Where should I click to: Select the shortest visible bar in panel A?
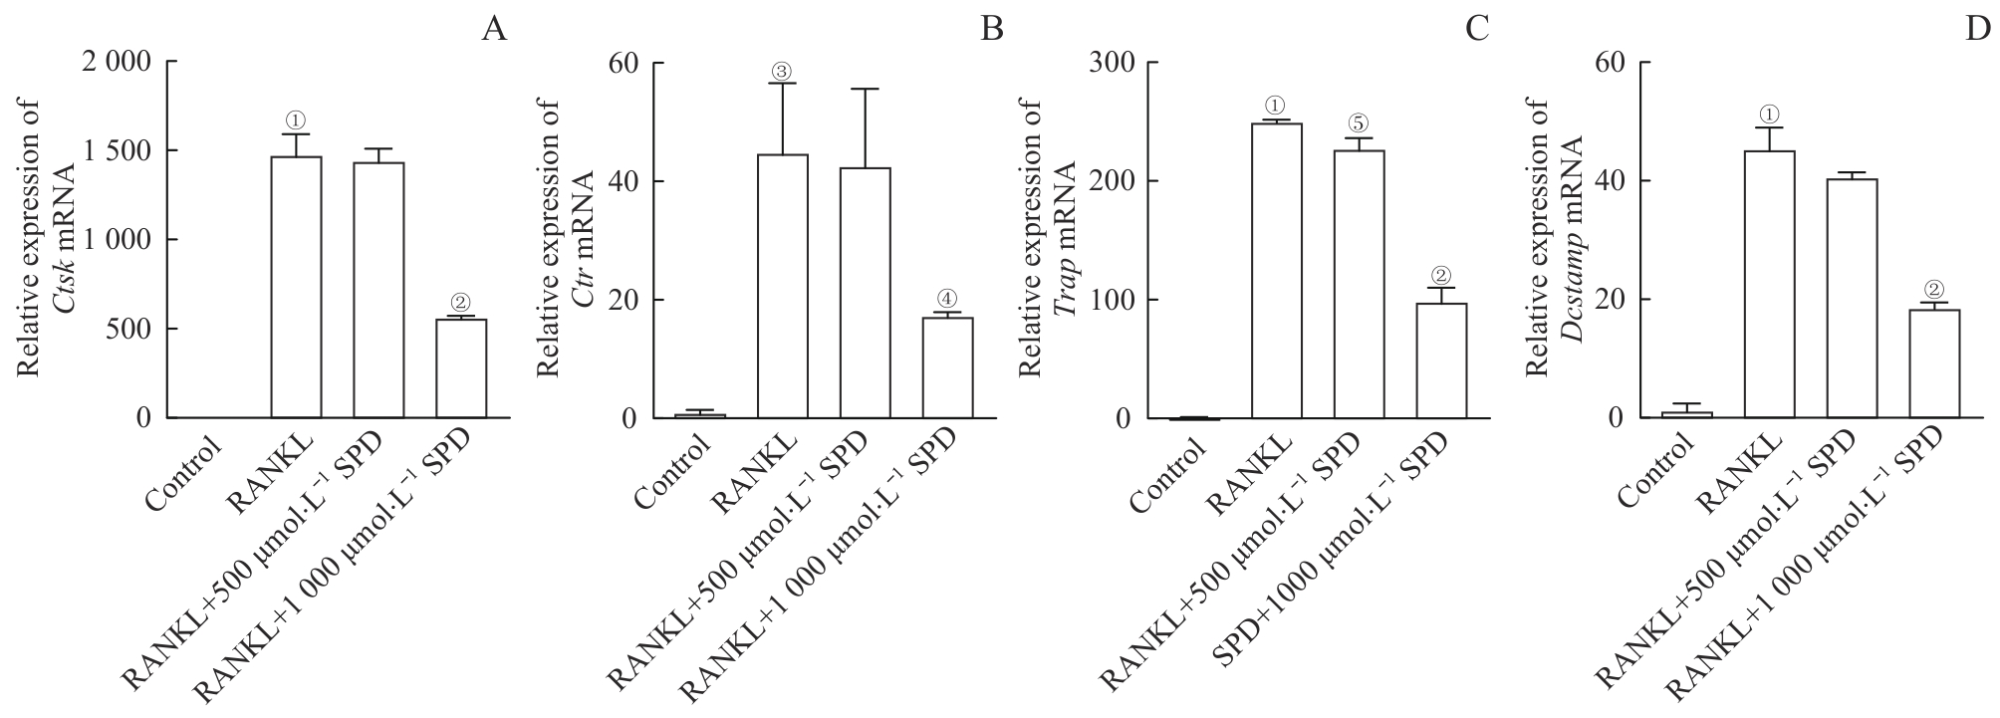[x=461, y=367]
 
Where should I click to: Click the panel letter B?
[x=992, y=29]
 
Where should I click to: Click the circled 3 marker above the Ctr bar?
[x=782, y=72]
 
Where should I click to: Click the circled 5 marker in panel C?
[x=1360, y=124]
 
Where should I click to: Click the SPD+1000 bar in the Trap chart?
[x=1441, y=360]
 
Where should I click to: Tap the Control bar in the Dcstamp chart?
[x=1686, y=414]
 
